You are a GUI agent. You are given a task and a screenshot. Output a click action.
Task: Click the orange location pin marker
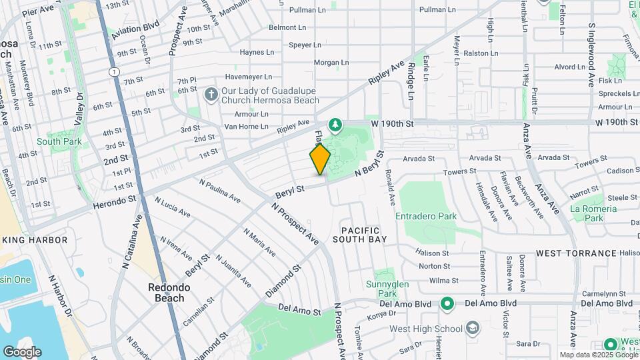(320, 159)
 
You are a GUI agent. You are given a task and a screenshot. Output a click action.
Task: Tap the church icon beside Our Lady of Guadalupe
(211, 94)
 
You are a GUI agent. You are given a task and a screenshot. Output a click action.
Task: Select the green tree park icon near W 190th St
(335, 125)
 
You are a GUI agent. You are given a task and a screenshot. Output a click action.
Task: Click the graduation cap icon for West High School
(473, 328)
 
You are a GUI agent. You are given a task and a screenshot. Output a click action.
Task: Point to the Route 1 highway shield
(115, 71)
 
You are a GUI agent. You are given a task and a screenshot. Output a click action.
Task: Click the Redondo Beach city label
(169, 292)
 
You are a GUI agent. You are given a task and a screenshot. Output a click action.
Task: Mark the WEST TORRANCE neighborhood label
(576, 253)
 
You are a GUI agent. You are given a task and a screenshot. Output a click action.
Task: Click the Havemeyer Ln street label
(248, 77)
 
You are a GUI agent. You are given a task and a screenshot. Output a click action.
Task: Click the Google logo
(22, 351)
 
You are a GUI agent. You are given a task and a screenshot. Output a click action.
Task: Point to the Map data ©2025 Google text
(597, 355)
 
